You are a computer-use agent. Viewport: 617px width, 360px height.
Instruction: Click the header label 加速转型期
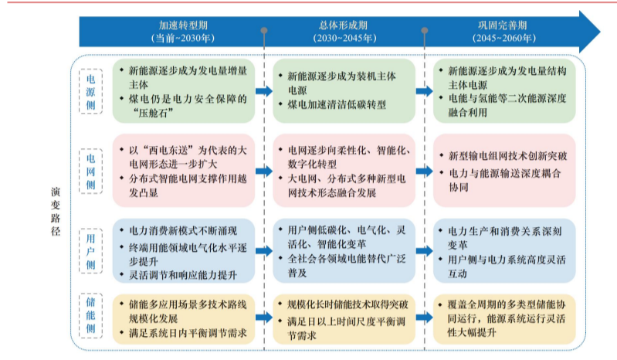(x=183, y=25)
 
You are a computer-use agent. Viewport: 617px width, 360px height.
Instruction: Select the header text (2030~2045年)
(x=344, y=38)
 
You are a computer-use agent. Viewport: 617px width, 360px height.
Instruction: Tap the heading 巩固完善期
(x=503, y=25)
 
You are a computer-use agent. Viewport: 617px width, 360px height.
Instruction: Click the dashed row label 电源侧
(x=91, y=92)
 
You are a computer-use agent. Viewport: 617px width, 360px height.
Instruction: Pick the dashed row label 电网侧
(x=91, y=172)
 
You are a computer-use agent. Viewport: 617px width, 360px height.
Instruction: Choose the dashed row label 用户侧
(x=91, y=251)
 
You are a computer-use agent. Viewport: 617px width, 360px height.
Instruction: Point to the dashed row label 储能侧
(x=91, y=315)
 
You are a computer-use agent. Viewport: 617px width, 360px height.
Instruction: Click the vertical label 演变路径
(x=56, y=211)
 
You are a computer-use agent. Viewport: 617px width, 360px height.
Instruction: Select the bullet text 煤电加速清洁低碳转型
(x=337, y=104)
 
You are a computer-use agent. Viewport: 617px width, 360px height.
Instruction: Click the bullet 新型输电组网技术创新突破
(x=507, y=156)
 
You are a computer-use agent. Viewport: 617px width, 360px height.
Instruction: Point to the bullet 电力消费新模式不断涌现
(x=183, y=230)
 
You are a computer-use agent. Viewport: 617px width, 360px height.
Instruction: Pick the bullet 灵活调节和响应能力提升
(x=183, y=275)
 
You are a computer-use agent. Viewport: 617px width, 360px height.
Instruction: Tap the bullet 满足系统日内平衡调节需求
(x=188, y=333)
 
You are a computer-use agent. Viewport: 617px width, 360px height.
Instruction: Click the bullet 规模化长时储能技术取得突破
(x=347, y=304)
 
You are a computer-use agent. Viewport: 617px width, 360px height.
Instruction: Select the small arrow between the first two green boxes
(x=264, y=91)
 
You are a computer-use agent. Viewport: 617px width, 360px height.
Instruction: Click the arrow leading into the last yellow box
(x=425, y=318)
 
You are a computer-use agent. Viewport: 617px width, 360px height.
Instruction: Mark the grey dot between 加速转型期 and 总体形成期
(x=264, y=30)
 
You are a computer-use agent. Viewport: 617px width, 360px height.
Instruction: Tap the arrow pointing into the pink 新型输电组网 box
(x=425, y=172)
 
